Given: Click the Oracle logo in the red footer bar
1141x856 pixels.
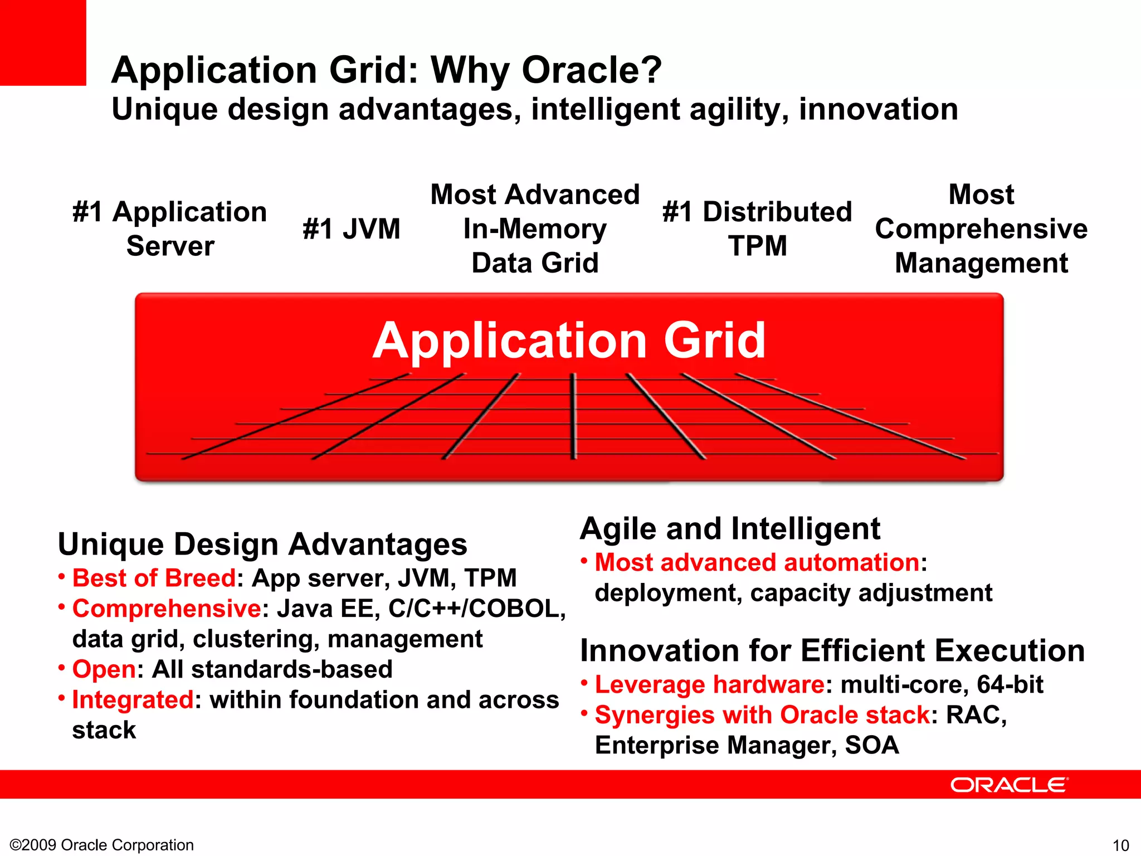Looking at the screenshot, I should coord(1009,785).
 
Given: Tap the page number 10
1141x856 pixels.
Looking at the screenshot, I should coord(1120,845).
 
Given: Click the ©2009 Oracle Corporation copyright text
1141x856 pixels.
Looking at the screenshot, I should coord(102,845).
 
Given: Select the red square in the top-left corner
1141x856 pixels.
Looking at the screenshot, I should coord(43,42).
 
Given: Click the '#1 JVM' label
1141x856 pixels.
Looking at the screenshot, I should coord(352,229).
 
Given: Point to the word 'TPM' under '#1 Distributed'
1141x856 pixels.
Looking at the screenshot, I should coord(758,246).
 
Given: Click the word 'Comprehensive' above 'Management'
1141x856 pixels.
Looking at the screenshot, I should coord(981,229).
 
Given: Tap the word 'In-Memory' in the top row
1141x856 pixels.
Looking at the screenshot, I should coord(535,229).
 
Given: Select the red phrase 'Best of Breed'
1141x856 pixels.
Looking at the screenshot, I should coord(154,578).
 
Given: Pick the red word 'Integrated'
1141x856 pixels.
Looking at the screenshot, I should coord(133,700).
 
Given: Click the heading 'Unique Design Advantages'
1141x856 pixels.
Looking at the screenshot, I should coord(262,544).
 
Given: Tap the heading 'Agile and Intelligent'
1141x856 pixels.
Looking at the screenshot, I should coord(730,529).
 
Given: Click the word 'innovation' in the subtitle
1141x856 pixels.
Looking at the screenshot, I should coord(879,109).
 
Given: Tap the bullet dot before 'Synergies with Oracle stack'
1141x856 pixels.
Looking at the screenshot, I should coord(584,713).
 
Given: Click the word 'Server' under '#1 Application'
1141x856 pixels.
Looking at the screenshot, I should coord(170,246).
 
